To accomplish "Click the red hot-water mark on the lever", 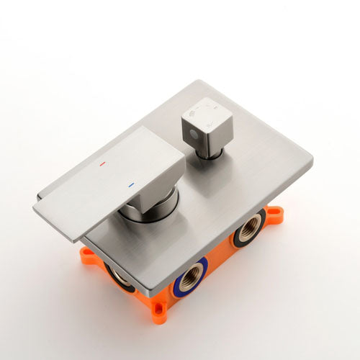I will [102, 163].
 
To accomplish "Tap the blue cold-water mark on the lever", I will [130, 185].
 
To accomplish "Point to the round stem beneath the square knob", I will [210, 150].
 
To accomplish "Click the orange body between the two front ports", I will [220, 263].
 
